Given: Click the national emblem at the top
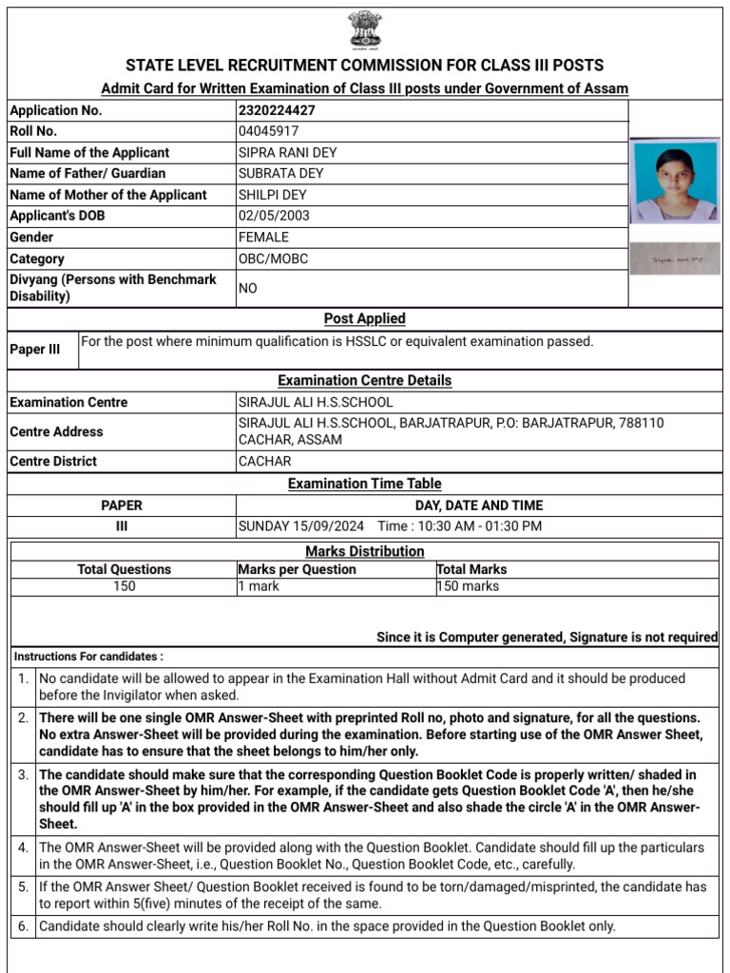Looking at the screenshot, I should pyautogui.click(x=364, y=29).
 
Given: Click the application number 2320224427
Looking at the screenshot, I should pyautogui.click(x=277, y=110).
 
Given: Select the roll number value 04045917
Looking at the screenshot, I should pyautogui.click(x=268, y=131).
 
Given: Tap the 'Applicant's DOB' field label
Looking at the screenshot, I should pyautogui.click(x=57, y=216).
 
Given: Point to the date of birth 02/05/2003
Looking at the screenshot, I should pyautogui.click(x=274, y=216).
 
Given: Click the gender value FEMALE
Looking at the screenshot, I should pyautogui.click(x=263, y=238).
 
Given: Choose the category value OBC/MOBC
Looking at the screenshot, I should pyautogui.click(x=273, y=258).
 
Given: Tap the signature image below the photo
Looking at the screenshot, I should pyautogui.click(x=676, y=258).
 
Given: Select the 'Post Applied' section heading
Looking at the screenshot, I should pyautogui.click(x=364, y=318).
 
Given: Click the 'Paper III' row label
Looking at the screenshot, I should pyautogui.click(x=34, y=350).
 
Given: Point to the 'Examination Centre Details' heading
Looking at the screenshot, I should pyautogui.click(x=364, y=380).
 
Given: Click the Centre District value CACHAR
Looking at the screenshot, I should pyautogui.click(x=265, y=462).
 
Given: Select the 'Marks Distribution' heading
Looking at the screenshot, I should pyautogui.click(x=364, y=551).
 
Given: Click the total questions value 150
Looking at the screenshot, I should pyautogui.click(x=124, y=586).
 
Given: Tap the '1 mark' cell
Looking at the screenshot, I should pyautogui.click(x=259, y=586).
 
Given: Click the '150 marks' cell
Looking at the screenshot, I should pyautogui.click(x=468, y=586).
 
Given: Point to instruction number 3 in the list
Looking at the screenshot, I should pyautogui.click(x=24, y=774).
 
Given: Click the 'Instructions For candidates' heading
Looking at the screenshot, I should pyautogui.click(x=88, y=657).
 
